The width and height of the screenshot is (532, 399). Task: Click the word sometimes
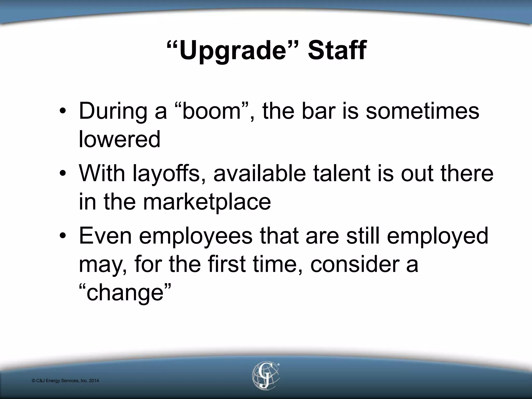(x=422, y=111)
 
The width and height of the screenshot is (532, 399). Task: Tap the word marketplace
(x=207, y=202)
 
